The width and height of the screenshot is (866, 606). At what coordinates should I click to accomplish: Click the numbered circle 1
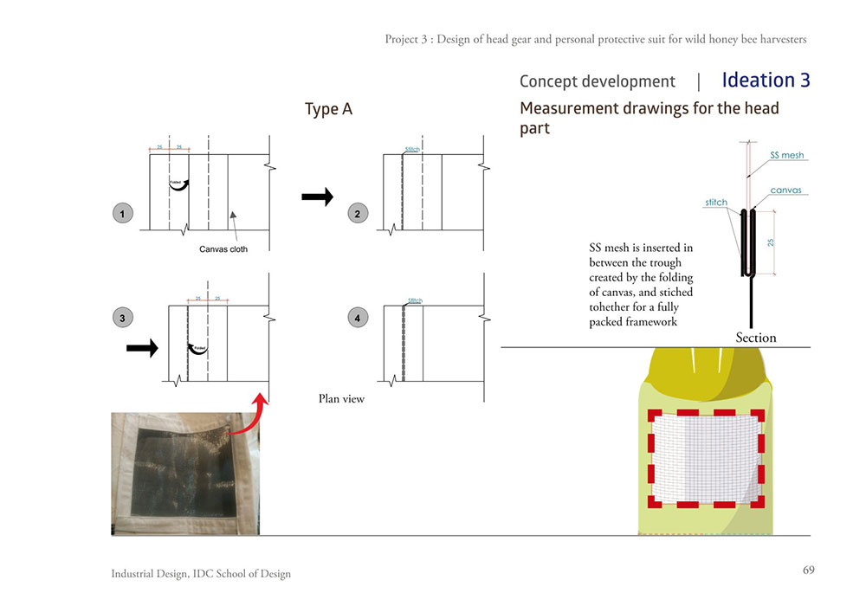[123, 213]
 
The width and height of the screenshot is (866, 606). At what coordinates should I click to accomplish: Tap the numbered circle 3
[123, 318]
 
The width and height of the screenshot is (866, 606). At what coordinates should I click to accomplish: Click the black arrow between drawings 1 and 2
[317, 197]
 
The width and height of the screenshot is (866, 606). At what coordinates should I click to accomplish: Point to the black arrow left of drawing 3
[143, 348]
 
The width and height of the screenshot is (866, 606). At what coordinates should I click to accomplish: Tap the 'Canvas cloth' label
[223, 249]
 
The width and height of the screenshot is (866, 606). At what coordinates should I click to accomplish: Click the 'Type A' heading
[328, 110]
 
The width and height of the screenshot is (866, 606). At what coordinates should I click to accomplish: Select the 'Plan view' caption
[342, 399]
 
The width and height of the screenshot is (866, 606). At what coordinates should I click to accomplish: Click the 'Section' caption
[756, 337]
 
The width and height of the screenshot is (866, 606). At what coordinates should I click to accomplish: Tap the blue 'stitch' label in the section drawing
[717, 203]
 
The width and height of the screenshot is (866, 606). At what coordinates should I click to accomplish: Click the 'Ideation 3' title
[766, 81]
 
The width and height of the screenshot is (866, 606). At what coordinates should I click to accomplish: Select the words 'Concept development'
[597, 81]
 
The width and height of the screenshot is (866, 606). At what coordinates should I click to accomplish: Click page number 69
[809, 570]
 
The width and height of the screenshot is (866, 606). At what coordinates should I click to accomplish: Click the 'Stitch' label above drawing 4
[414, 300]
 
